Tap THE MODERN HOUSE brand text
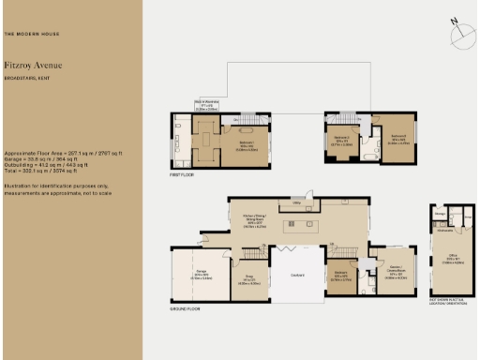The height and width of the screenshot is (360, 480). [33, 34]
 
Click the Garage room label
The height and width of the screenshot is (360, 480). [202, 274]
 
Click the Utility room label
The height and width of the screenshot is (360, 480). [296, 201]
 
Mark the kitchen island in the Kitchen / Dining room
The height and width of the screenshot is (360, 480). [304, 225]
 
